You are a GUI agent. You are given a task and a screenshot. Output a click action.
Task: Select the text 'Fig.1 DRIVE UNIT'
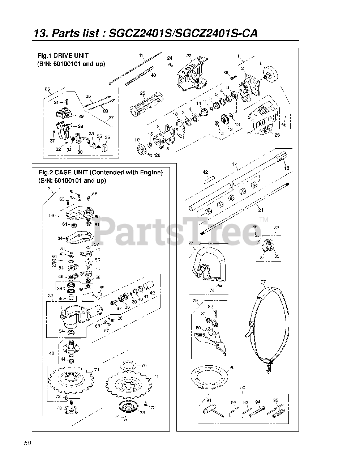point(63,56)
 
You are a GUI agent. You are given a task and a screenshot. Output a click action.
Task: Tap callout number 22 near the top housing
point(189,56)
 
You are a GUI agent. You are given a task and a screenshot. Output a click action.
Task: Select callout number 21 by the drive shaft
point(260,209)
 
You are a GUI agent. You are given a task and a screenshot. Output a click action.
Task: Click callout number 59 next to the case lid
point(52,216)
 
